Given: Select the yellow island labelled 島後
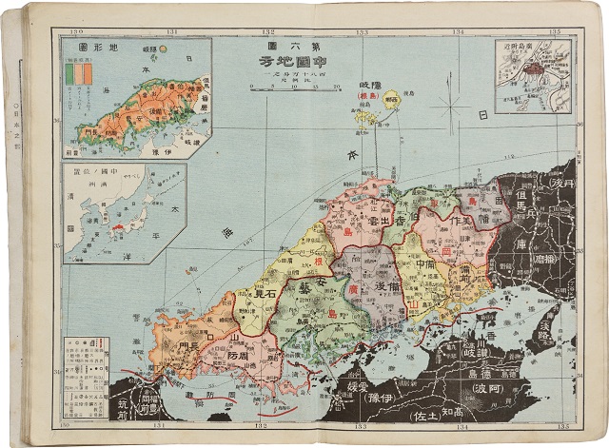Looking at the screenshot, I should tap(389, 98).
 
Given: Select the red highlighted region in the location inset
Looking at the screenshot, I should tap(119, 228).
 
